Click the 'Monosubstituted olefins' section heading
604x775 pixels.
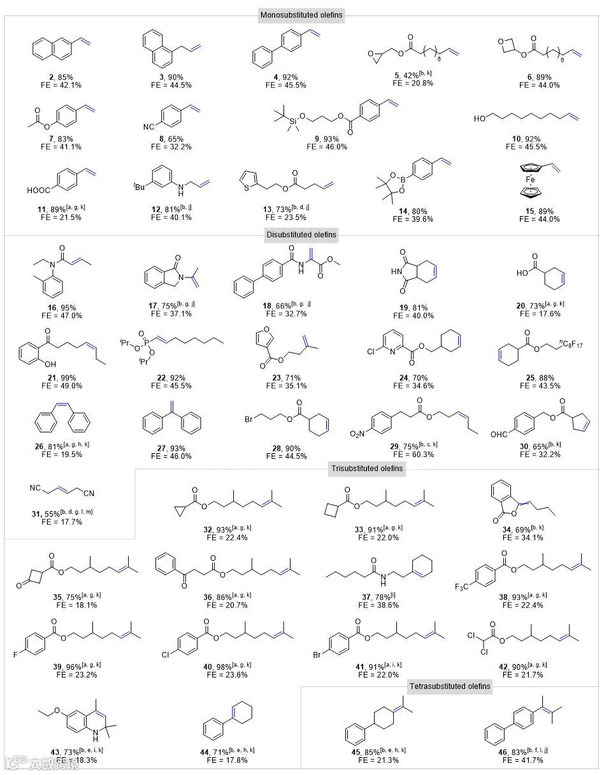301,15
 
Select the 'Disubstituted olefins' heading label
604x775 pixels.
301,235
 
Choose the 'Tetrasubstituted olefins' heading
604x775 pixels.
450,686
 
